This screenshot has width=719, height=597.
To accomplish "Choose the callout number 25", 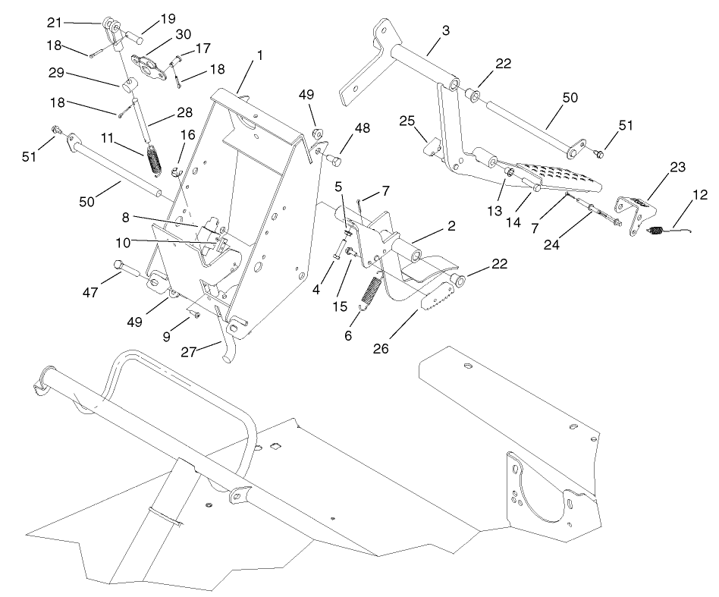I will [x=407, y=121].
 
